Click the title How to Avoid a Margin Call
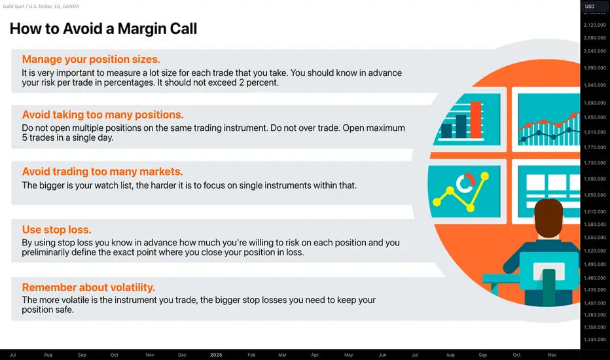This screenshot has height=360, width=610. click(x=103, y=29)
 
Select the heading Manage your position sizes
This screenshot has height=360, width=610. click(x=91, y=59)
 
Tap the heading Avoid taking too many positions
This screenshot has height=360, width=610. click(x=103, y=115)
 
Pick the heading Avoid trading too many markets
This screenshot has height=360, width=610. click(x=102, y=171)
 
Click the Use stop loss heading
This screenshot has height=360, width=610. click(x=56, y=230)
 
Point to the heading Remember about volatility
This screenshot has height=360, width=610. click(x=88, y=287)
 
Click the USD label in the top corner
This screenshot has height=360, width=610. click(x=590, y=7)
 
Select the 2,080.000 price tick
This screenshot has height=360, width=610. click(x=595, y=38)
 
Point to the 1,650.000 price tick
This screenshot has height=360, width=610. click(x=595, y=195)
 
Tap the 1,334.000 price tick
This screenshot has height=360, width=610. click(x=595, y=339)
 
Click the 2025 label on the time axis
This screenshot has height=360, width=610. click(x=216, y=355)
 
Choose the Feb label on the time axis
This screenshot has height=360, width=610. click(x=251, y=355)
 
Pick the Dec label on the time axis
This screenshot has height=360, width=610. click(x=182, y=355)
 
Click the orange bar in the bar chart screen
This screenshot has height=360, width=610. click(x=476, y=120)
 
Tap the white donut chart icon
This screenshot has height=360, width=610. click(x=465, y=183)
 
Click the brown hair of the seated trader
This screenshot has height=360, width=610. click(x=548, y=217)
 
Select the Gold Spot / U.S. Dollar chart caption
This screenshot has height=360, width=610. click(x=41, y=7)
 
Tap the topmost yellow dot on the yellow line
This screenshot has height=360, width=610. click(x=485, y=176)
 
